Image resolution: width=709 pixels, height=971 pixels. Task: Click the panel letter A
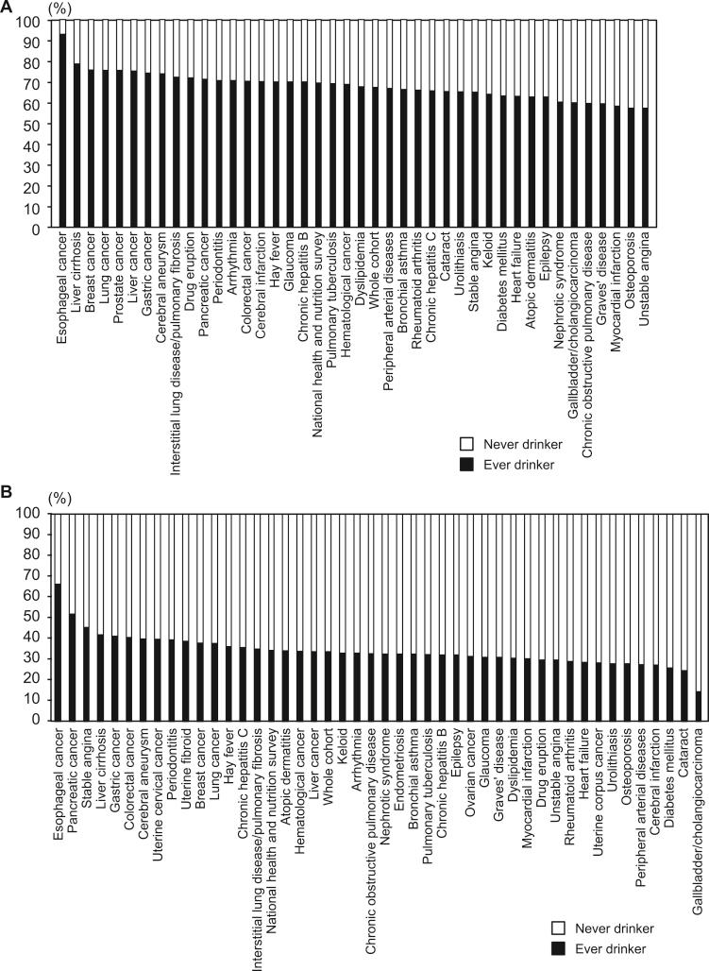[x=8, y=8]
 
